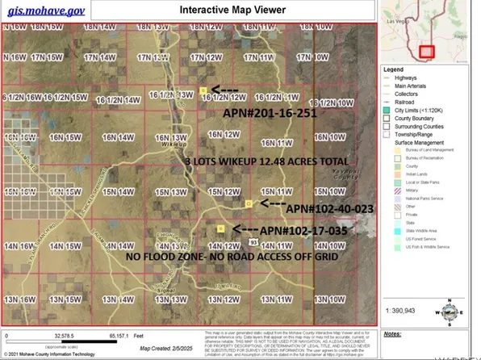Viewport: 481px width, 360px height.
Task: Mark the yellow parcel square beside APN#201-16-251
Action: pos(204,90)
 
